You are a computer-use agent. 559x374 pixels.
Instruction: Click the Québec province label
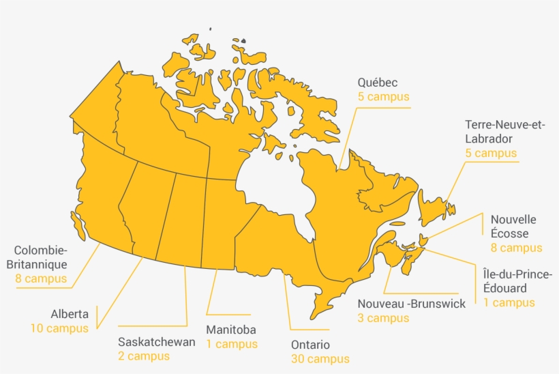[377, 83]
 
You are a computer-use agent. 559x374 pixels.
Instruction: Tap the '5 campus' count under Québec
[383, 97]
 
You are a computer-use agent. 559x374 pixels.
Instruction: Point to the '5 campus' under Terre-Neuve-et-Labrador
[491, 153]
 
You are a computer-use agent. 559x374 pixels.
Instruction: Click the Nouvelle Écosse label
[513, 227]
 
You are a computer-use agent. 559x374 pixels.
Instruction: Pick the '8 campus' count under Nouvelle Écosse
[516, 248]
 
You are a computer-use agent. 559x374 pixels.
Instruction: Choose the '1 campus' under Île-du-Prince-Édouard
[509, 303]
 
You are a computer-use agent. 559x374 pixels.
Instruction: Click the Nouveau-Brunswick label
[412, 304]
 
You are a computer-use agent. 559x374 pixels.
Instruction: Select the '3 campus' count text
[383, 318]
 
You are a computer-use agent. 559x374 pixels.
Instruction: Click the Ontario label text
[310, 345]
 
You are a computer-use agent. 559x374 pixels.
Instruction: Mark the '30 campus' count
[320, 359]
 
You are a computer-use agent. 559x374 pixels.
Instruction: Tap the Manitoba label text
[231, 330]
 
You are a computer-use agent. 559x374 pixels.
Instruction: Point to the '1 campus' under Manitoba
[232, 344]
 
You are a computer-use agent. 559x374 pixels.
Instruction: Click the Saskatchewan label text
[157, 342]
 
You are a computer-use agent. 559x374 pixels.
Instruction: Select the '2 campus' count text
[144, 356]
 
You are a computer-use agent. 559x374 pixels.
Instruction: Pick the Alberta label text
[70, 315]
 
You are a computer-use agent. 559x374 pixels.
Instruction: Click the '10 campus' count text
[59, 329]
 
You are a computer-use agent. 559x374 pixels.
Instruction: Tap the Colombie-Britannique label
[40, 257]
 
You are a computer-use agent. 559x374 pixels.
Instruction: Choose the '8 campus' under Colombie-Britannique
[41, 278]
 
